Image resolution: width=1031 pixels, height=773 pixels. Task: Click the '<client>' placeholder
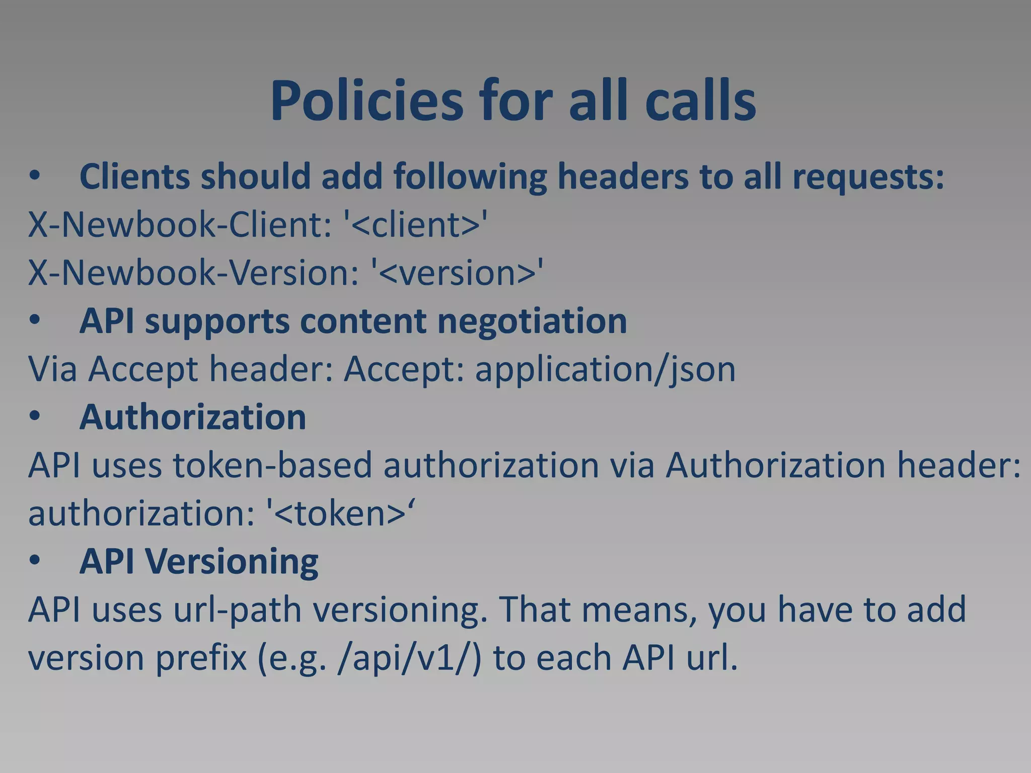point(416,224)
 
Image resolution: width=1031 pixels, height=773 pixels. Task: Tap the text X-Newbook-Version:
point(194,273)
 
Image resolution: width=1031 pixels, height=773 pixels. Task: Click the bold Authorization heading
point(193,417)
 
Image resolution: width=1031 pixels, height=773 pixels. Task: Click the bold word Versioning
point(232,562)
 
